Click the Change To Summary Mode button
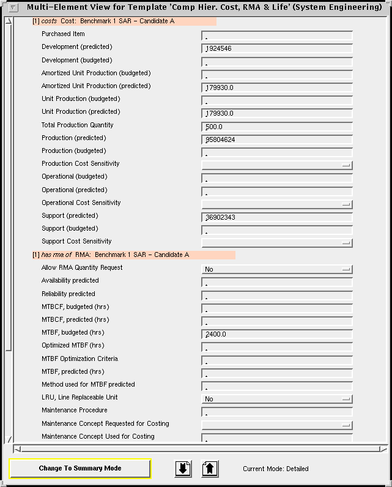pos(80,469)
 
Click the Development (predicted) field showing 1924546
pos(276,48)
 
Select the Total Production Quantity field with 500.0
pos(276,127)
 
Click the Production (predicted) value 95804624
pos(276,139)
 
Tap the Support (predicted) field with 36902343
pos(276,217)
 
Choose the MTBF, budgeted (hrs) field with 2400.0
pos(276,334)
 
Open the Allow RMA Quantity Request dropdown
pos(276,269)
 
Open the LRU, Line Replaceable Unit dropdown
pos(276,399)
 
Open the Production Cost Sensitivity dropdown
pos(276,165)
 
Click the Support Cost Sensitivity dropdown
pos(276,243)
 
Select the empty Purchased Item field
pos(276,35)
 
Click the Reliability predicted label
pos(68,294)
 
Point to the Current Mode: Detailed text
pos(275,469)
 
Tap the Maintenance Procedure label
pos(75,410)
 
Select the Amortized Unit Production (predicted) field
pos(276,87)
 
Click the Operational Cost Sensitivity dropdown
pos(276,204)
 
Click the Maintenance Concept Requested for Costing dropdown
pos(276,425)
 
